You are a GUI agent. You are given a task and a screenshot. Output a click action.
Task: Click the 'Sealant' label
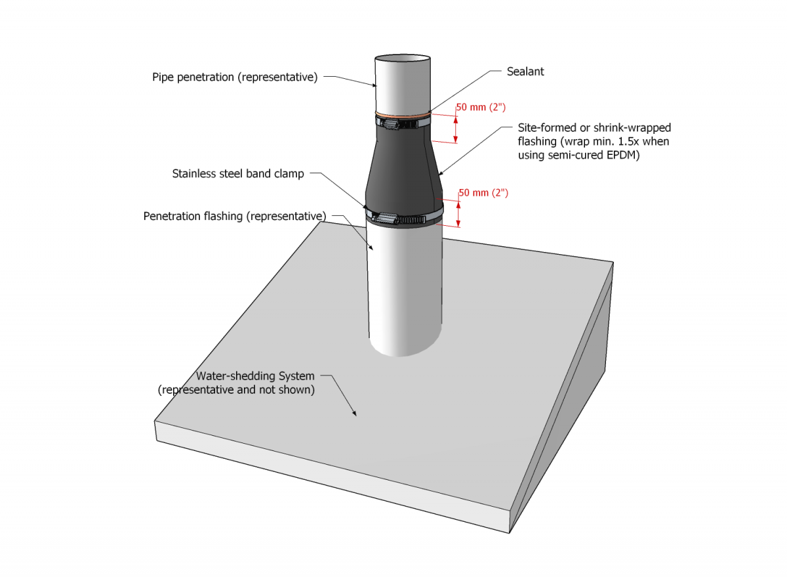(x=525, y=72)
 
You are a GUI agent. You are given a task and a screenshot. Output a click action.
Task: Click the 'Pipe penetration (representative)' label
(x=235, y=77)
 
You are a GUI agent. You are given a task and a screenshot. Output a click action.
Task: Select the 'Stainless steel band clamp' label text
(x=238, y=174)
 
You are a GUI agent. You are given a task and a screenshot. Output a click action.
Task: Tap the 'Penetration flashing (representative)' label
(x=235, y=216)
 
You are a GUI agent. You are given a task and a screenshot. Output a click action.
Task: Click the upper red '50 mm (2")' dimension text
(x=481, y=106)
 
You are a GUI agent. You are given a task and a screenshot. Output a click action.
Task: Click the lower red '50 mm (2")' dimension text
(x=483, y=193)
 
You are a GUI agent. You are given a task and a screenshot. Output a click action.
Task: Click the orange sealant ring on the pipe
(x=403, y=116)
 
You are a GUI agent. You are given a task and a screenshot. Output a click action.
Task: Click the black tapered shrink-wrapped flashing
(x=401, y=171)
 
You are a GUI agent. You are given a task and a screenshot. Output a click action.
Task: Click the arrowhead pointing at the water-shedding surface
(x=355, y=413)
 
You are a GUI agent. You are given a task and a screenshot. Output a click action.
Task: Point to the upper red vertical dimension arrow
(x=455, y=127)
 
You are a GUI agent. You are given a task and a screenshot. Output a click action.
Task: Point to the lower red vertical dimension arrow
(x=458, y=211)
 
